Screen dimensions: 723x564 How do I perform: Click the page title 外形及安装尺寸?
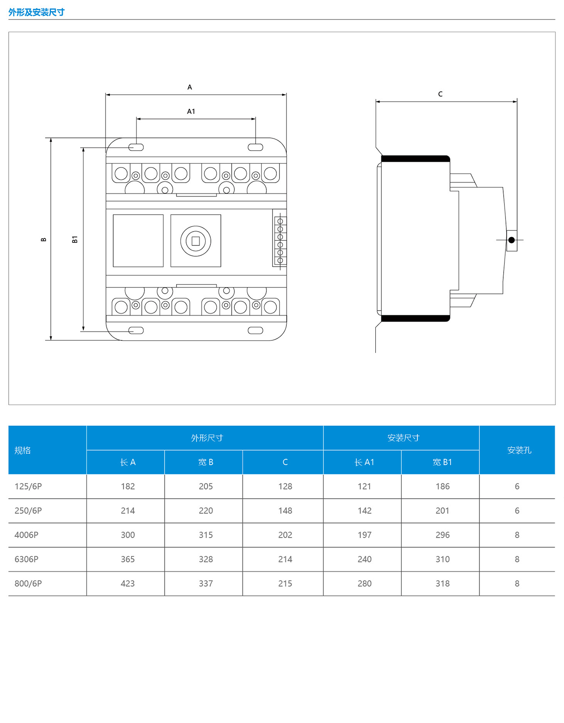(36, 12)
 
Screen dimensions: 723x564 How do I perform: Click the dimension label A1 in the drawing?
(191, 111)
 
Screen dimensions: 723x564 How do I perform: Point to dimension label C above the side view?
(440, 94)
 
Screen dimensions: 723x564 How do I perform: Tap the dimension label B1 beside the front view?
(75, 239)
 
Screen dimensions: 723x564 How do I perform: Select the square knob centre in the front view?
(196, 241)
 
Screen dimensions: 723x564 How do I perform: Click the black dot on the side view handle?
(512, 240)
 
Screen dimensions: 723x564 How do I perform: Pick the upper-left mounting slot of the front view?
(136, 147)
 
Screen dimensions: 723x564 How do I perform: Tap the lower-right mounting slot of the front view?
(255, 330)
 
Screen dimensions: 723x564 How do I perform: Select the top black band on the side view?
(415, 159)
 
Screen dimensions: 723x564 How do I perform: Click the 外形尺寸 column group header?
(207, 438)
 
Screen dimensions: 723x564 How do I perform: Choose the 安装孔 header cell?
(519, 450)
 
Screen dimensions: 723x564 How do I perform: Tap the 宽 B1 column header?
(442, 462)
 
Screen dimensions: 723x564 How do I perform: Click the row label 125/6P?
(28, 487)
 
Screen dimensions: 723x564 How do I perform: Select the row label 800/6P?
(28, 584)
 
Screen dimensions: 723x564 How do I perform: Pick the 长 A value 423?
(128, 584)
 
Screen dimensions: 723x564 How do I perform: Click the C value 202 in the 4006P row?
(285, 535)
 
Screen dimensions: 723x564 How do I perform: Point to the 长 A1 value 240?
(364, 559)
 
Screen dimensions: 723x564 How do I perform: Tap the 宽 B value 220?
(206, 511)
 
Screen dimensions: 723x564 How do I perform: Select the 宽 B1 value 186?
(443, 487)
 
